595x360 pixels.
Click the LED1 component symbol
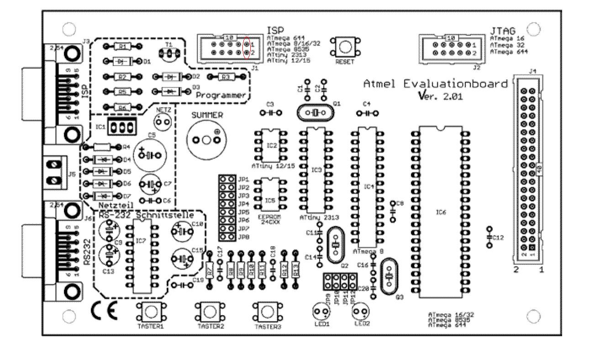coord(321,312)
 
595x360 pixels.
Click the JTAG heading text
coord(503,31)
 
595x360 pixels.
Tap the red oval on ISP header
coord(247,48)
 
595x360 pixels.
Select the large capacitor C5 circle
coord(150,155)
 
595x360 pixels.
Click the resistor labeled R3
coord(225,77)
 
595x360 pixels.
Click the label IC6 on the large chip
coord(441,212)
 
